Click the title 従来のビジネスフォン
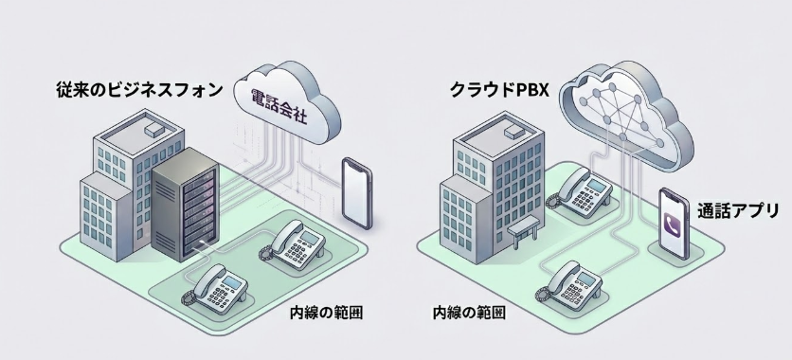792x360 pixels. (x=138, y=91)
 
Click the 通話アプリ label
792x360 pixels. (x=738, y=210)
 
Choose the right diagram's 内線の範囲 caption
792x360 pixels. (x=468, y=312)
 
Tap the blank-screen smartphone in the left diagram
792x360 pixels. (x=353, y=192)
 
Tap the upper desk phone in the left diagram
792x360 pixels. (x=296, y=243)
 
